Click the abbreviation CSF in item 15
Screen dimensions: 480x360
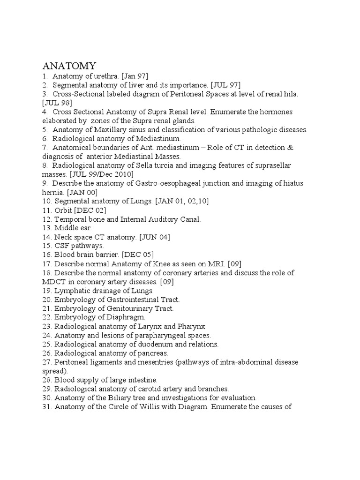tap(62, 246)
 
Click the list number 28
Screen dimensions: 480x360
tap(47, 380)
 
